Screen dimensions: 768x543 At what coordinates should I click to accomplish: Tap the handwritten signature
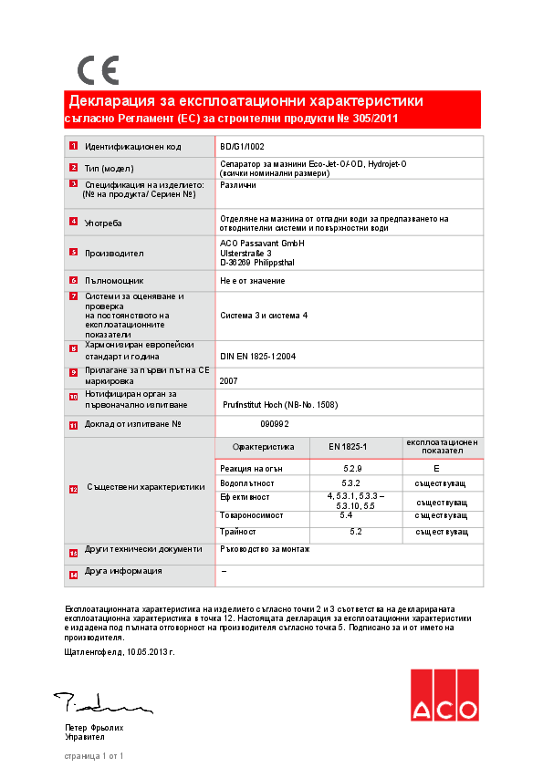[100, 703]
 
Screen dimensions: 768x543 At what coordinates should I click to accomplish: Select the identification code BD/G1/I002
[243, 146]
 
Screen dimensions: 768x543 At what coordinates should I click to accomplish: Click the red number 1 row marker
[73, 146]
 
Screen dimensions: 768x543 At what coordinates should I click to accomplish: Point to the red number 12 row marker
[73, 488]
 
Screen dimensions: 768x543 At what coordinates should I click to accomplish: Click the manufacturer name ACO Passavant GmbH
[262, 244]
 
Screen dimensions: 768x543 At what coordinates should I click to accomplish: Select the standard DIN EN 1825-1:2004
[258, 357]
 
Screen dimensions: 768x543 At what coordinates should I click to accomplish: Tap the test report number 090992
[275, 424]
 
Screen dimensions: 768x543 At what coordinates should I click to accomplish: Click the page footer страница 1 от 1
[93, 756]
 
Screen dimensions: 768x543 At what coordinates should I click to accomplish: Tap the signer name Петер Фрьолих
[94, 728]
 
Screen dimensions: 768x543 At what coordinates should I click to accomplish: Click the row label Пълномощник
[114, 281]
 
